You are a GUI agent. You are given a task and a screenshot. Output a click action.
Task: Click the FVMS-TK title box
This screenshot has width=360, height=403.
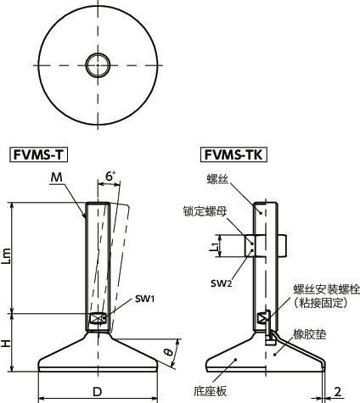[x=233, y=154]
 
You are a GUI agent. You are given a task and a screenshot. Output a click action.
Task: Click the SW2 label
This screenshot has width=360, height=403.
[x=224, y=281]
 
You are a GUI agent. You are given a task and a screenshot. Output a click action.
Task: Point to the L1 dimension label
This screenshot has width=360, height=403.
[x=216, y=247]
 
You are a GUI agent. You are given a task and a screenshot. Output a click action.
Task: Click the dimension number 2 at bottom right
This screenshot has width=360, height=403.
[x=337, y=391]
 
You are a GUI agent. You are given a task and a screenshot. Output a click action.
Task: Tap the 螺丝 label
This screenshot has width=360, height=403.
[x=217, y=178]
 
